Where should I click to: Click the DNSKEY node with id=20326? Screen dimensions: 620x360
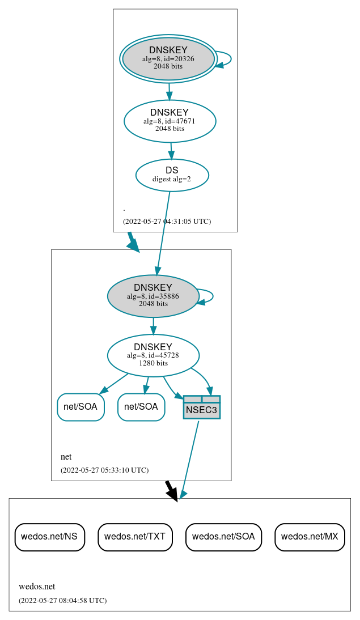tap(168, 58)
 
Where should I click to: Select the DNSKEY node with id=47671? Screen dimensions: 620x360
tap(170, 121)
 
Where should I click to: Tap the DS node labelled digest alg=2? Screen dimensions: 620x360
tap(172, 175)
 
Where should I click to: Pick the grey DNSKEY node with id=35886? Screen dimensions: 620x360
tap(153, 296)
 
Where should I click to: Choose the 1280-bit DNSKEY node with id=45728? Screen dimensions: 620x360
tap(153, 355)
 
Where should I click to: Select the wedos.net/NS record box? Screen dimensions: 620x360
tap(50, 537)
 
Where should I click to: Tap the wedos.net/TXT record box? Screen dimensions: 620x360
tap(135, 537)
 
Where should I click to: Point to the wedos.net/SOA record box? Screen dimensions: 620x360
tap(223, 537)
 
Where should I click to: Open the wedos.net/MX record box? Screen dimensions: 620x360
tap(310, 537)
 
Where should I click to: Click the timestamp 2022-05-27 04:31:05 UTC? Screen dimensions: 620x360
tap(167, 222)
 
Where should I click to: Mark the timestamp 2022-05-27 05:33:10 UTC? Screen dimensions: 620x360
tap(104, 470)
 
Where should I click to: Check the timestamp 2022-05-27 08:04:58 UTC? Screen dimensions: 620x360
tap(62, 600)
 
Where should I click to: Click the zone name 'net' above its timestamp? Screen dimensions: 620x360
tap(66, 457)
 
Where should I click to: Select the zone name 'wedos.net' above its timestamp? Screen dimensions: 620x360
tap(37, 587)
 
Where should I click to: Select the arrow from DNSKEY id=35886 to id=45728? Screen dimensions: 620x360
tap(153, 326)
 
